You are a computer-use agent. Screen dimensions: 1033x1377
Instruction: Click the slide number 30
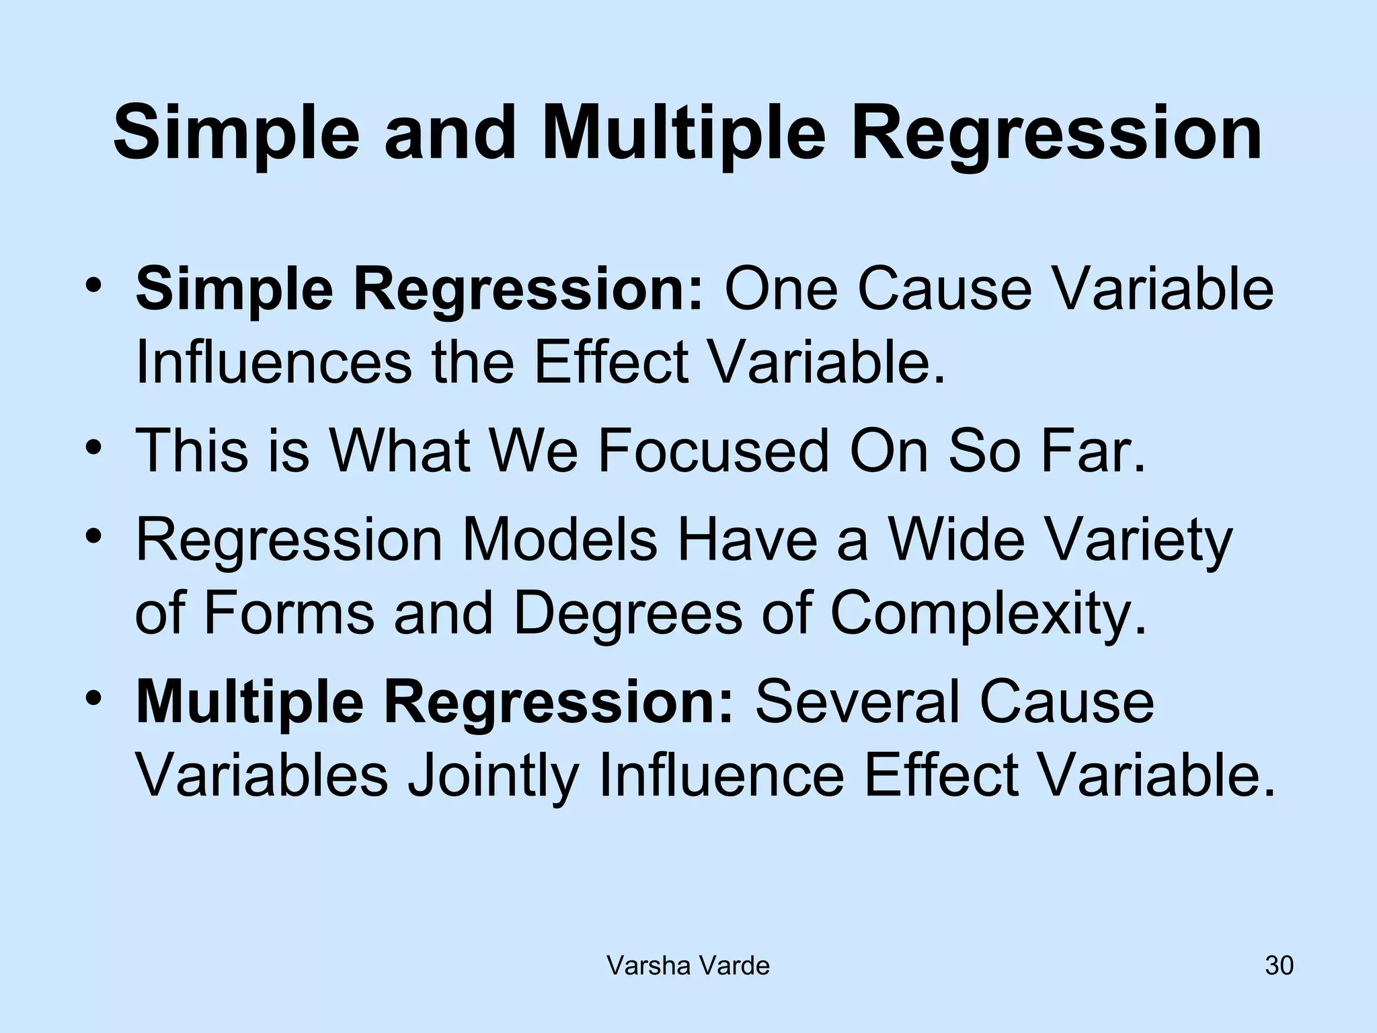(x=1279, y=966)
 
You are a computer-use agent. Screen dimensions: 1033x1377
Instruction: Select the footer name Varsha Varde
(x=688, y=966)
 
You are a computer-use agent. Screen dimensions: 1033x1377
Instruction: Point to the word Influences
(x=273, y=362)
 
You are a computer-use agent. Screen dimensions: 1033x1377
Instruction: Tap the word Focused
(x=713, y=451)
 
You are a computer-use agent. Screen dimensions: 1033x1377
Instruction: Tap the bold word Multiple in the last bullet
(x=249, y=703)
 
